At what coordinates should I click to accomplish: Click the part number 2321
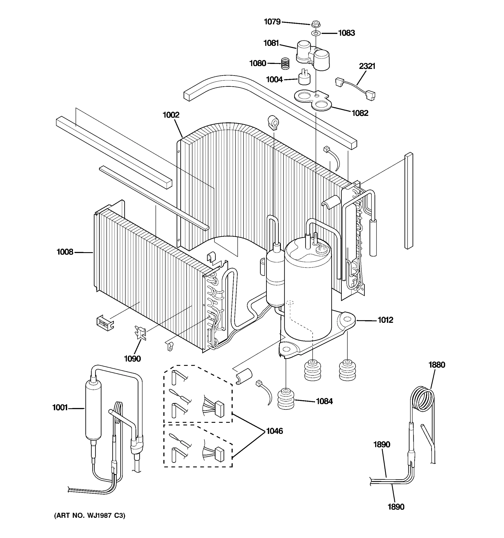367,66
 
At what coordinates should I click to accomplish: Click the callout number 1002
171,115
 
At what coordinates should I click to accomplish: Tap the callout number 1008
65,252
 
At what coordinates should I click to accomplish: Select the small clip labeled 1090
141,333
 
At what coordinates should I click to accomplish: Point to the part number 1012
385,320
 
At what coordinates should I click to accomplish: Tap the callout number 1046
274,431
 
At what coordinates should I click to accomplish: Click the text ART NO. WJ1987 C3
90,516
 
